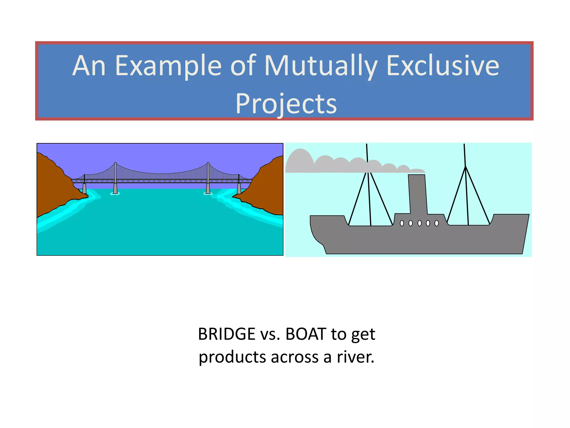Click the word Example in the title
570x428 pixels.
[168, 66]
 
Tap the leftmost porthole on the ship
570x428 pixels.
[402, 223]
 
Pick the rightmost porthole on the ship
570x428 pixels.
[436, 223]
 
